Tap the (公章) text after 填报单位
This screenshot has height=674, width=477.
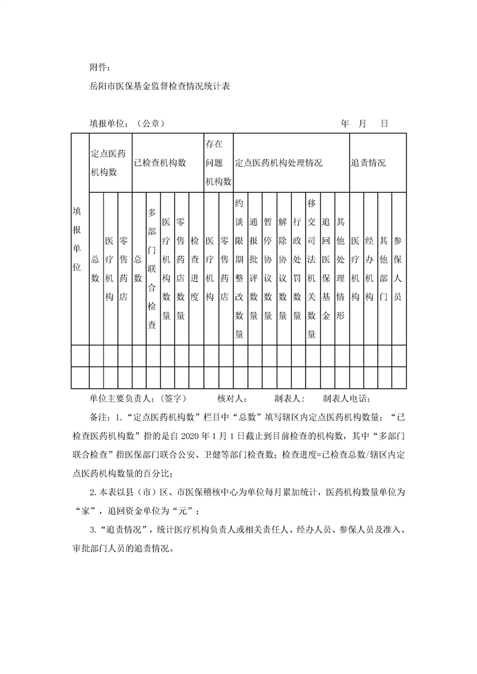click(x=150, y=123)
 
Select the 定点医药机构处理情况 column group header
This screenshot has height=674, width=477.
click(x=279, y=163)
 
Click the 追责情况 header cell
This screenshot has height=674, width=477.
click(x=369, y=163)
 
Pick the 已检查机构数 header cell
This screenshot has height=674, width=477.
click(x=159, y=163)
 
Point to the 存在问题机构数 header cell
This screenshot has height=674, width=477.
click(x=218, y=162)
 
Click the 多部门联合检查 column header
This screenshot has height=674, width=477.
click(x=152, y=269)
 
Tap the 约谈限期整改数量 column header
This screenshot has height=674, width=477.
click(x=239, y=269)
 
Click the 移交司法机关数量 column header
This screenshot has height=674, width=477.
click(x=312, y=269)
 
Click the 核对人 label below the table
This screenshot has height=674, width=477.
click(x=232, y=398)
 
